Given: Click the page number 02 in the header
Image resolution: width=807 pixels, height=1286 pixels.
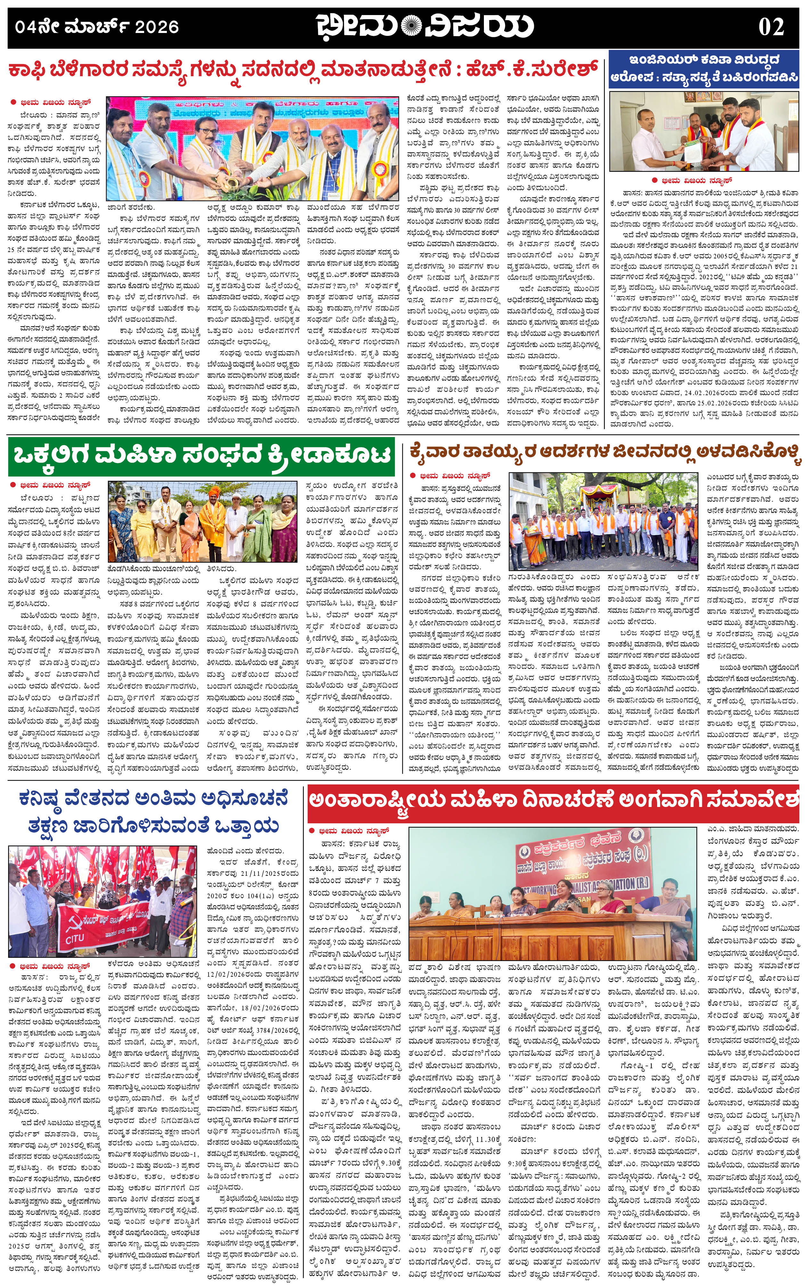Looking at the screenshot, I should [771, 27].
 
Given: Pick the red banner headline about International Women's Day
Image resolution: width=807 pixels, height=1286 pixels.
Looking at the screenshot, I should [553, 801].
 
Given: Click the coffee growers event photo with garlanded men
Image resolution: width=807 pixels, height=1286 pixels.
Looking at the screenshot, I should [252, 148].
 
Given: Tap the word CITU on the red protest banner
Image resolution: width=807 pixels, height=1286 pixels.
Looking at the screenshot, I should [75, 938].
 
